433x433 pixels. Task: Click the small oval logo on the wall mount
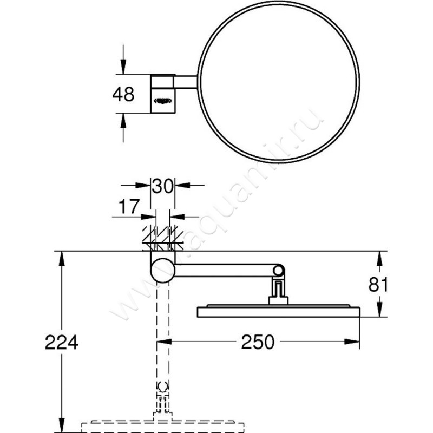[x=163, y=100]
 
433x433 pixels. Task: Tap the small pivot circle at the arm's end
[x=278, y=271]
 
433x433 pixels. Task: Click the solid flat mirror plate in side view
[x=278, y=312]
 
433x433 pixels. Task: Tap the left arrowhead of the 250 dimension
[x=162, y=342]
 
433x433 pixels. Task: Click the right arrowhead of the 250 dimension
[x=354, y=342]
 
